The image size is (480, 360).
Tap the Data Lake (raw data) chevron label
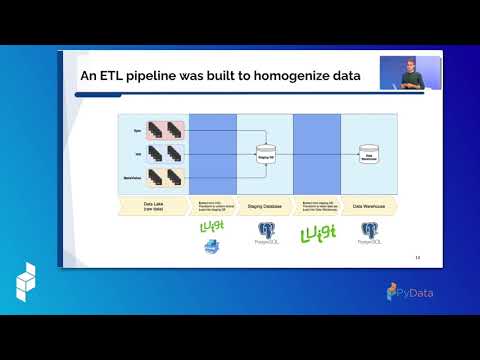[x=147, y=206]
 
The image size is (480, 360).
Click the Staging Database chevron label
[x=266, y=206]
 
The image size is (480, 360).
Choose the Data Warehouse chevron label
[x=371, y=206]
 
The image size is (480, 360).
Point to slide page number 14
[x=418, y=259]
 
